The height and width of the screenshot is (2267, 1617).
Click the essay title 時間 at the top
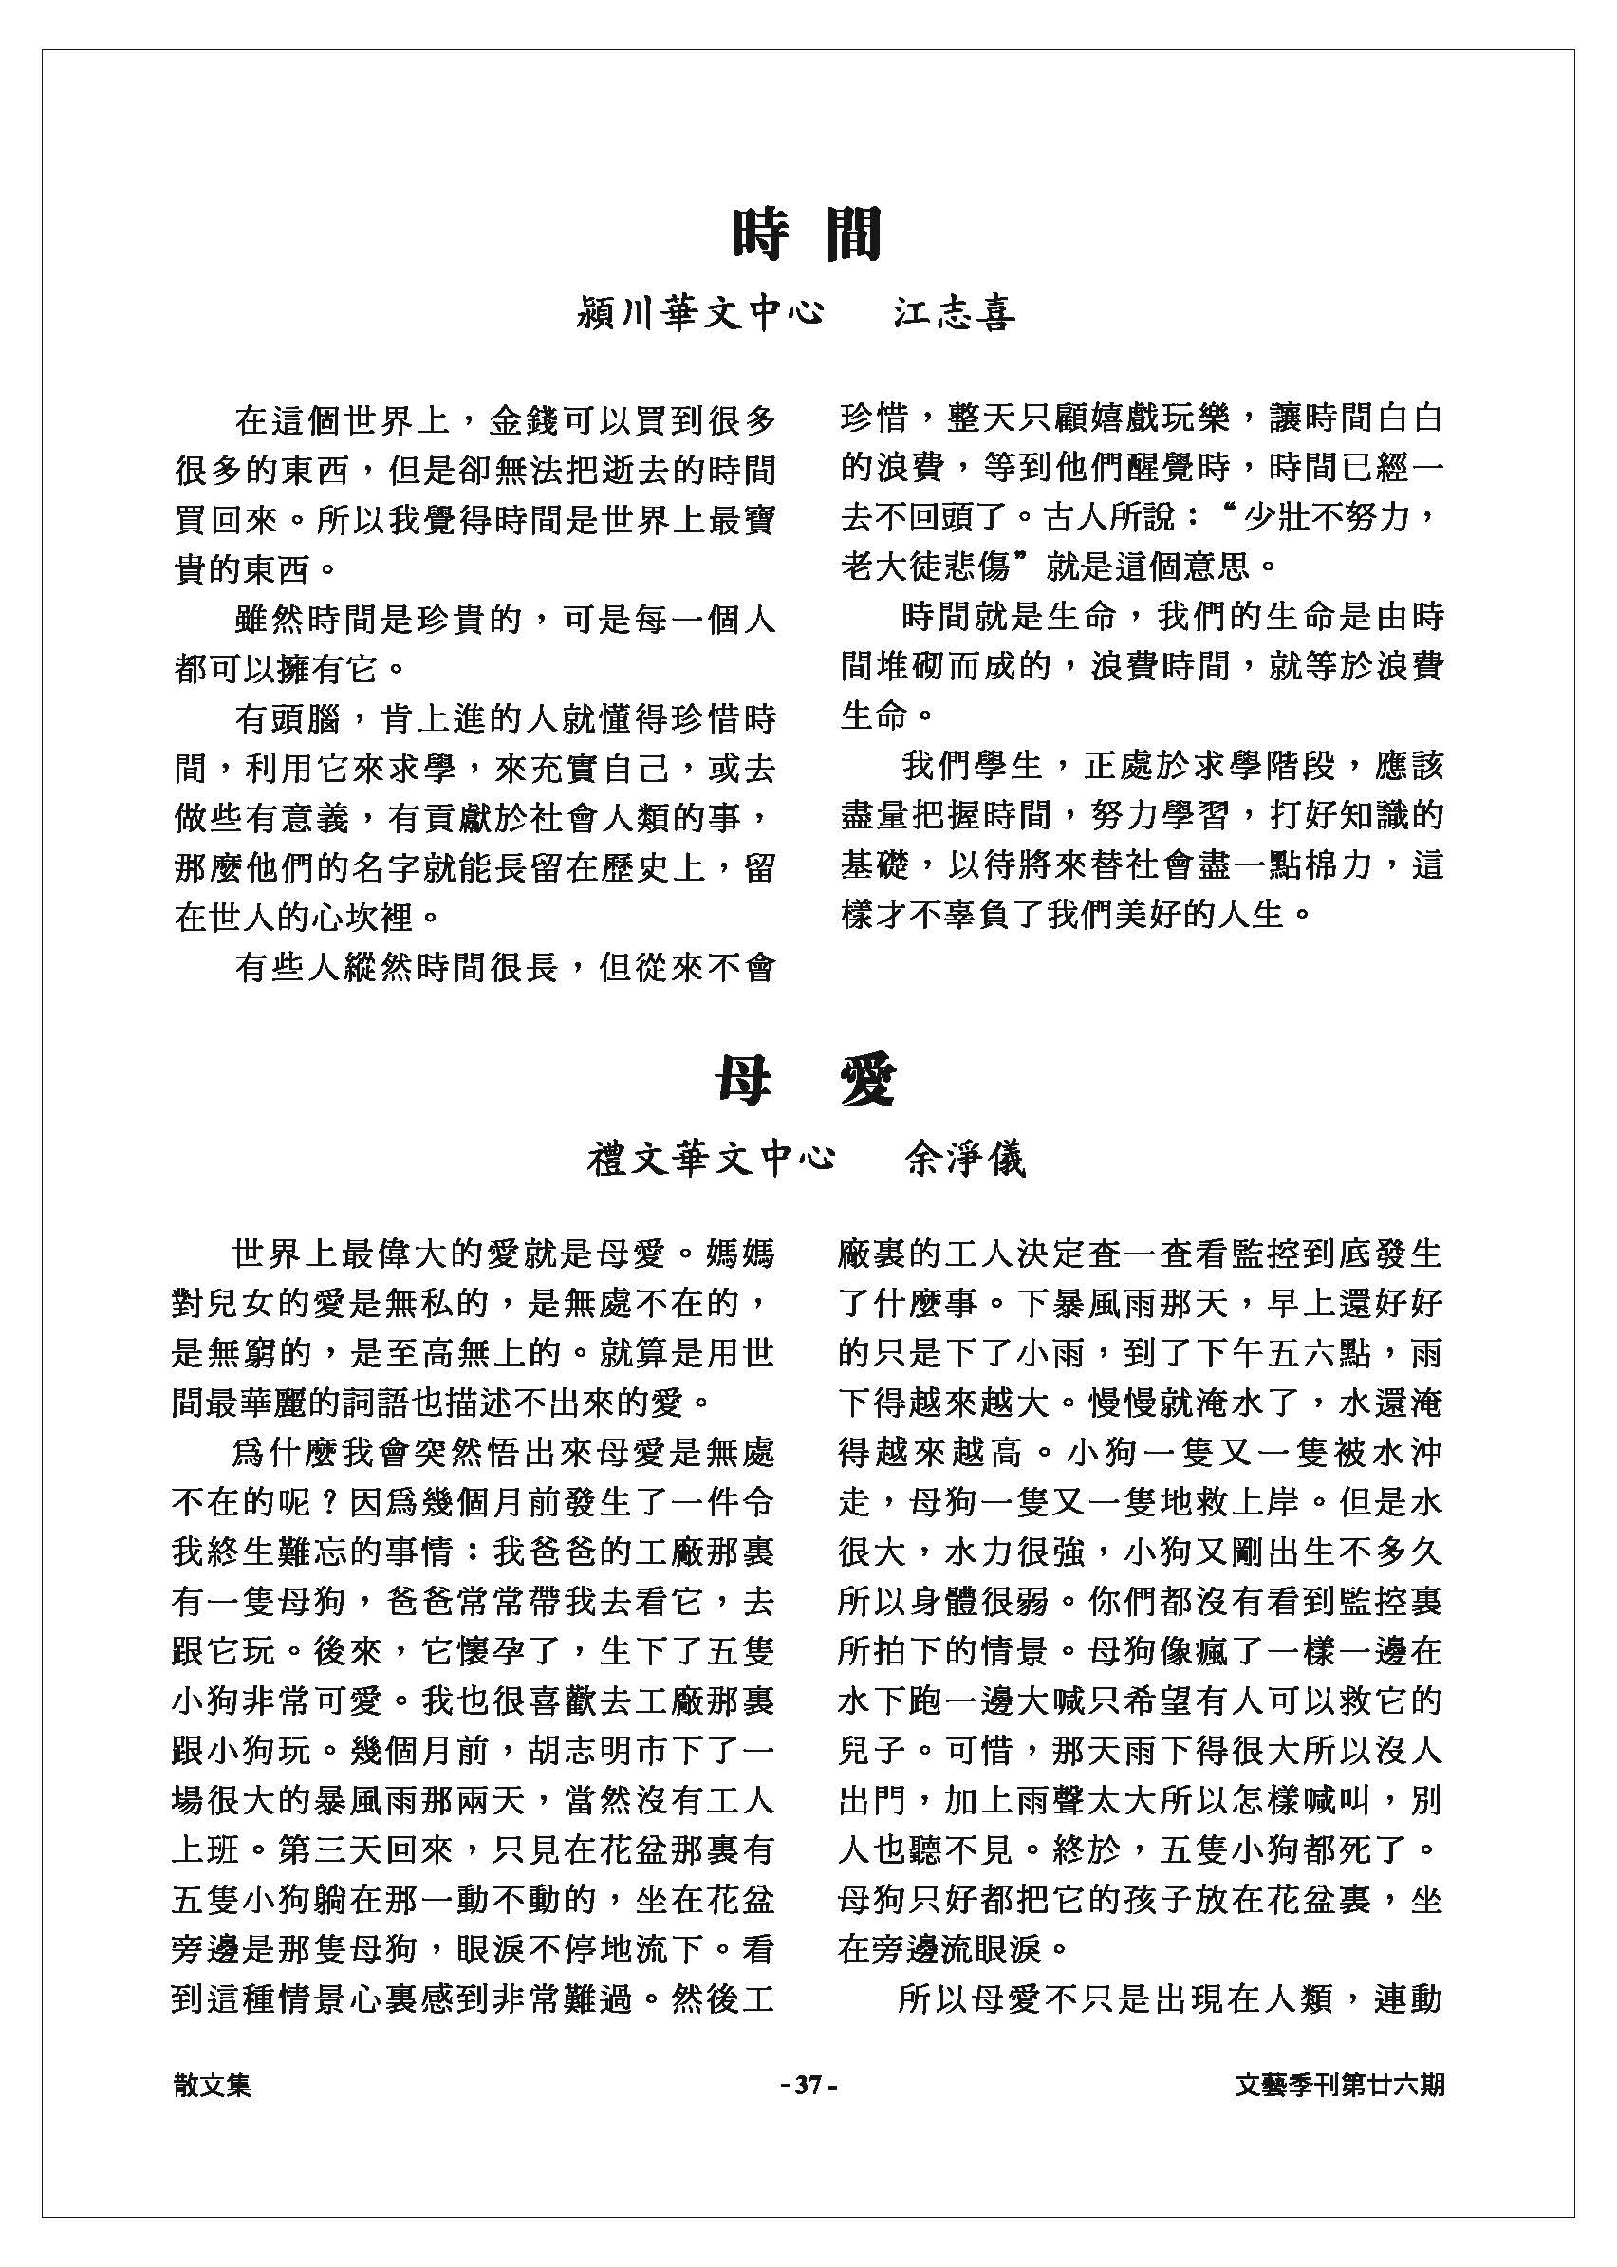(808, 234)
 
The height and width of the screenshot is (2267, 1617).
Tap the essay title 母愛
(808, 1081)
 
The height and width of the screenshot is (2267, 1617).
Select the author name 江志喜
(953, 313)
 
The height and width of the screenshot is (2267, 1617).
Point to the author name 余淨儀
(964, 1159)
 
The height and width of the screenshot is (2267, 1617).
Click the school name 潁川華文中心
(701, 313)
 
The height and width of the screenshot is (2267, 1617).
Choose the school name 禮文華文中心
(711, 1159)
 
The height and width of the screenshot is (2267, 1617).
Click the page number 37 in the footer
(808, 2084)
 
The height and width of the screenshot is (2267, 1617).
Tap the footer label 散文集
(212, 2084)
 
